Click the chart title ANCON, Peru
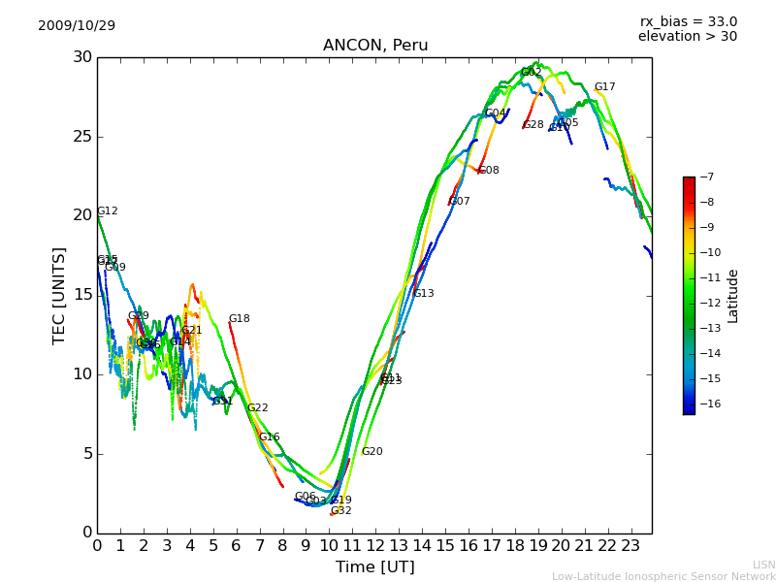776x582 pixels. (x=375, y=46)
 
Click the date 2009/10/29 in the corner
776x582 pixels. (x=77, y=25)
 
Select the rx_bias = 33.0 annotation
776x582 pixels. (x=688, y=21)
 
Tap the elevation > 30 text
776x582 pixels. (x=687, y=37)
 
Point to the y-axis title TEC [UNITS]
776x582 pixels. (x=59, y=296)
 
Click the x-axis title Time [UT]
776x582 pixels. (x=374, y=566)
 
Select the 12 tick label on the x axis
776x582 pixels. (x=375, y=546)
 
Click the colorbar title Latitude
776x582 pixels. (x=733, y=296)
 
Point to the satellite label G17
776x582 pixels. (x=604, y=87)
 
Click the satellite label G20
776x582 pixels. (x=372, y=452)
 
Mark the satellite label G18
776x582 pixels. (x=239, y=319)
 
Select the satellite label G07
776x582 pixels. (x=459, y=202)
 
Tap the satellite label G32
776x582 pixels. (x=340, y=511)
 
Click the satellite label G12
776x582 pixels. (x=107, y=211)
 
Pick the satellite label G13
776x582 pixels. (x=423, y=294)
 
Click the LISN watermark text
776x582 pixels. (x=764, y=565)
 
